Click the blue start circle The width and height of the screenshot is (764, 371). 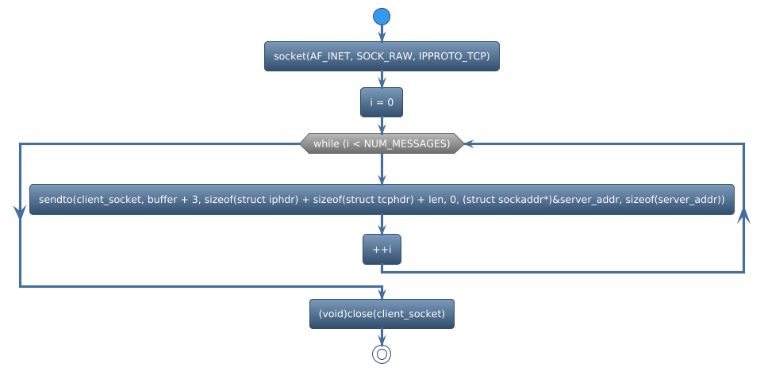(382, 16)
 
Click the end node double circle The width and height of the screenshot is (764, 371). (382, 354)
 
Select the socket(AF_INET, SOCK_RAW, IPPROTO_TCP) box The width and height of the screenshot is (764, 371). (382, 56)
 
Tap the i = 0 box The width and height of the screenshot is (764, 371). (382, 102)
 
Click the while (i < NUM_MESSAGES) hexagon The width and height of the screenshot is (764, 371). (382, 143)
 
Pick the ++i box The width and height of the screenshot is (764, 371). (382, 249)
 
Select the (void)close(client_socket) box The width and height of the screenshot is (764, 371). (382, 314)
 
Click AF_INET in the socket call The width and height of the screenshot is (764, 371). (332, 56)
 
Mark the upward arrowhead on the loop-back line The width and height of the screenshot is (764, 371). (743, 216)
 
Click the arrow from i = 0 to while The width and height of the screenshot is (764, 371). (382, 125)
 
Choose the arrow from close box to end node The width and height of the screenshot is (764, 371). (382, 337)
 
